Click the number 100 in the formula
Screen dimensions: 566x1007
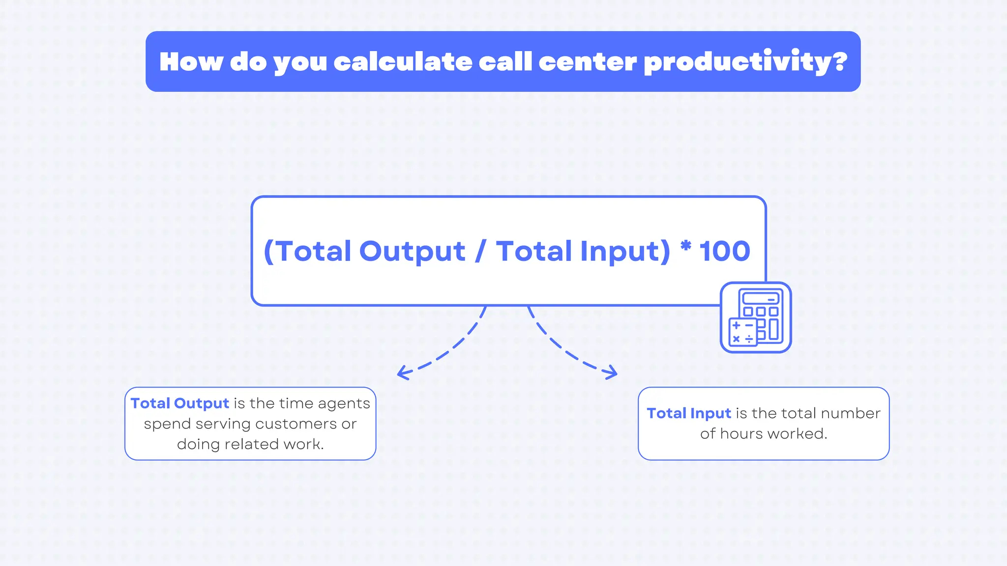point(725,251)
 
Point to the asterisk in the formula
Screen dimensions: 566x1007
point(686,245)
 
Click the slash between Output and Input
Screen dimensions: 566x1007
point(480,251)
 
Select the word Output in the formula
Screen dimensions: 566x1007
point(412,252)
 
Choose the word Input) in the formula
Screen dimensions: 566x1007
point(625,252)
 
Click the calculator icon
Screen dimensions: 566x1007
point(756,317)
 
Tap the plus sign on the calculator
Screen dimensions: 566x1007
point(737,325)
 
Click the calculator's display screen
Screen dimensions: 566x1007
point(761,298)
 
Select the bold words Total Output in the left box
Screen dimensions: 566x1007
point(180,403)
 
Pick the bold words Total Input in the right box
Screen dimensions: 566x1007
point(689,413)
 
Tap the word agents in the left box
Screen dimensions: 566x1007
point(344,404)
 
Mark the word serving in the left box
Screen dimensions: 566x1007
point(223,424)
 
